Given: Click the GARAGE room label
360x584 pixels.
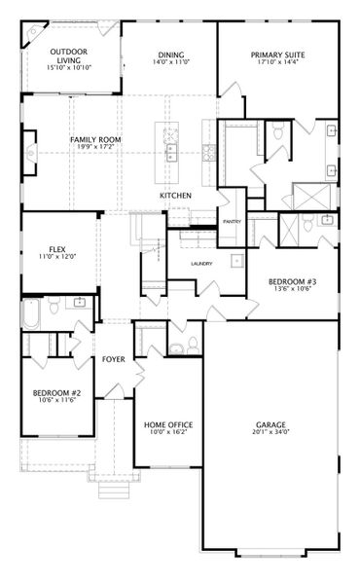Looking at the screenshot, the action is [270, 424].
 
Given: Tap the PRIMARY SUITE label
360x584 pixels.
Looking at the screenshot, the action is [277, 55].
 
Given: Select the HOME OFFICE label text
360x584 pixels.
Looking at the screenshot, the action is [168, 425].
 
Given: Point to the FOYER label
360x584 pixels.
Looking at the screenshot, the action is [114, 359].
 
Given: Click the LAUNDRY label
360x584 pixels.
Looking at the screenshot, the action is [201, 264].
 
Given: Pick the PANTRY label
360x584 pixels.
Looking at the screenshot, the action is [232, 222].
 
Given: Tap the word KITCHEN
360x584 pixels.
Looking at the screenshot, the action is [176, 196].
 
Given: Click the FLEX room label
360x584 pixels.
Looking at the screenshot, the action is [57, 249].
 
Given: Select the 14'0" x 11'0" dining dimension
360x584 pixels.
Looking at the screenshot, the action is [171, 62].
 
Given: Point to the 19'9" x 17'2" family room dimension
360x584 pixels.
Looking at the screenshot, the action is [95, 147].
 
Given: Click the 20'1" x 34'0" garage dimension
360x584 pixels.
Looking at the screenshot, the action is [270, 432].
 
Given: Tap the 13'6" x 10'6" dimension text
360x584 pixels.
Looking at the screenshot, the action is [293, 289].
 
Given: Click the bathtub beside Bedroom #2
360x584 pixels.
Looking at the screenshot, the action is [31, 313].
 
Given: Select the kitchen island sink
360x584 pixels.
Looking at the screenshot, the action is [171, 153].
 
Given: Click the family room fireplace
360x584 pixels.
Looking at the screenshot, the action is [30, 153].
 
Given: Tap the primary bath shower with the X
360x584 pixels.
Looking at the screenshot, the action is [311, 196].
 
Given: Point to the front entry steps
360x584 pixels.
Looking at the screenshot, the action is [114, 491].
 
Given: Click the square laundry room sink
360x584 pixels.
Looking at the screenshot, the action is [237, 261].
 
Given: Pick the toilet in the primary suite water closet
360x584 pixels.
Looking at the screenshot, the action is [278, 130].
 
